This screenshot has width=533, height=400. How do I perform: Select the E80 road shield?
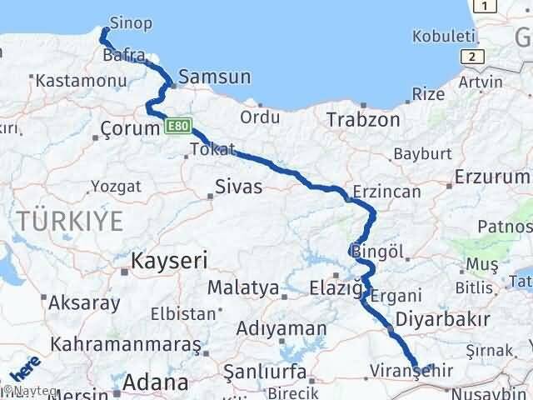(x=179, y=127)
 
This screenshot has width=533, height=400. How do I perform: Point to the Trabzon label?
(x=363, y=119)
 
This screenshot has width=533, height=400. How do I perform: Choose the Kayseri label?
(x=170, y=261)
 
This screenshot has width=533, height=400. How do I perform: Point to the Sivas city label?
(x=238, y=186)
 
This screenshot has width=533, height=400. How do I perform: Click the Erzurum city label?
(x=492, y=177)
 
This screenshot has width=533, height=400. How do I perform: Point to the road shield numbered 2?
(x=473, y=56)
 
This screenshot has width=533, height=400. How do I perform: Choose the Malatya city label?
(x=242, y=287)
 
